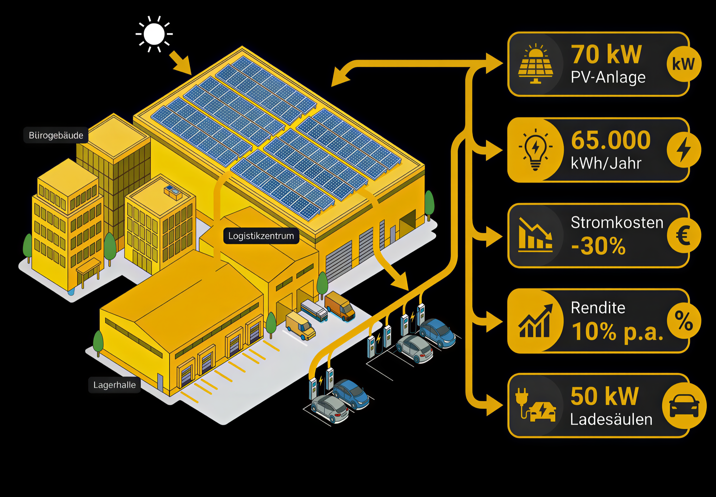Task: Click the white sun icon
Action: pyautogui.click(x=154, y=34)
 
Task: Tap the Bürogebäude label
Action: pyautogui.click(x=56, y=135)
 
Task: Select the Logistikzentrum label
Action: pyautogui.click(x=261, y=236)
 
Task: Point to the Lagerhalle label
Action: pyautogui.click(x=114, y=385)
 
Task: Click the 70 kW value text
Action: pyautogui.click(x=606, y=55)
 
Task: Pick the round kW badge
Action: pyautogui.click(x=683, y=64)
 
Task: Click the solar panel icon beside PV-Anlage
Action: pyautogui.click(x=536, y=64)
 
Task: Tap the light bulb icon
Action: pyautogui.click(x=536, y=149)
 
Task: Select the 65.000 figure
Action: pyautogui.click(x=611, y=140)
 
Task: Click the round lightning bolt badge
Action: pyautogui.click(x=683, y=150)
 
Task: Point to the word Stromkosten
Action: pyautogui.click(x=617, y=222)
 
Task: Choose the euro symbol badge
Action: pyautogui.click(x=683, y=236)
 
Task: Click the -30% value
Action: pyautogui.click(x=598, y=246)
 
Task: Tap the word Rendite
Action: pyautogui.click(x=598, y=308)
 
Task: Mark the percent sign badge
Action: pyautogui.click(x=683, y=321)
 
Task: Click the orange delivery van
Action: pyautogui.click(x=340, y=306)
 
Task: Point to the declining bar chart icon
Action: pyautogui.click(x=535, y=235)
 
